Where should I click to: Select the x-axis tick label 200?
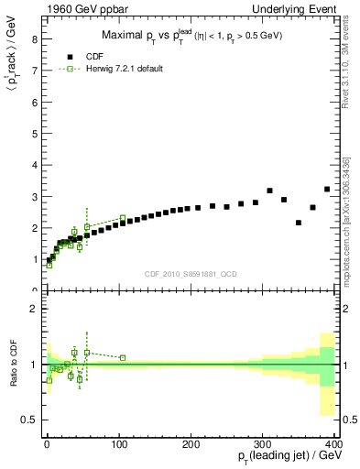click(x=191, y=442)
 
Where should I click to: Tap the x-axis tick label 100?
click(x=118, y=442)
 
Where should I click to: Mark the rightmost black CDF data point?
click(x=327, y=190)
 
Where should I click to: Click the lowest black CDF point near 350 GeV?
click(x=299, y=223)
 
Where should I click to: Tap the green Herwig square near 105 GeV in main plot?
click(x=123, y=218)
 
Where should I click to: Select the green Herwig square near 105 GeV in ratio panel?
click(x=123, y=358)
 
